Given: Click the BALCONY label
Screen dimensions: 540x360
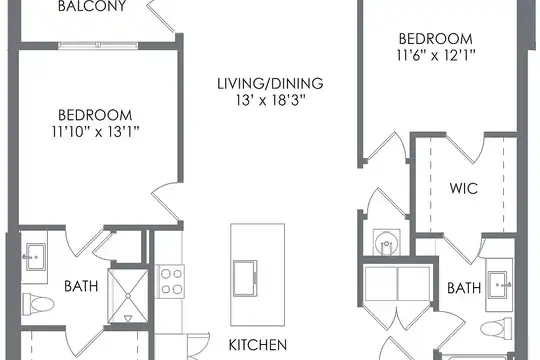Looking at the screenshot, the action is (92, 6).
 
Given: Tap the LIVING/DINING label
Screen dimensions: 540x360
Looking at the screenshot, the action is (270, 84).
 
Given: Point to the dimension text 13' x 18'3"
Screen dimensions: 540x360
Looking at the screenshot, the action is (271, 100).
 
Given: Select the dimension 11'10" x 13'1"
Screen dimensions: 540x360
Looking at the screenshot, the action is (95, 132).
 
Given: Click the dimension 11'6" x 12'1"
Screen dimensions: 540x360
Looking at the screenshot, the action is (436, 55).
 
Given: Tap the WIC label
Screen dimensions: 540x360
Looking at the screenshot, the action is (464, 188).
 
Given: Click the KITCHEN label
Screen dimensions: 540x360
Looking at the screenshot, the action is (258, 345).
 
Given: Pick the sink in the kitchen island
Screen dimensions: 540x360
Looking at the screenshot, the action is (245, 278).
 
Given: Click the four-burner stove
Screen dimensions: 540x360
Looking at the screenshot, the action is (171, 282).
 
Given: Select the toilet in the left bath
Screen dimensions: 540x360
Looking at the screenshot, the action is (39, 304).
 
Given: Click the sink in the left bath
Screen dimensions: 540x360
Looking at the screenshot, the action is (34, 257).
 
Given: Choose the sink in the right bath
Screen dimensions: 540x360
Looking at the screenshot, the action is (499, 285).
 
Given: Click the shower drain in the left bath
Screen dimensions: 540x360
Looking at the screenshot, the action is (128, 296).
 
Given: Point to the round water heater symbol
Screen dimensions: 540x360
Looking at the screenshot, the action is (387, 243).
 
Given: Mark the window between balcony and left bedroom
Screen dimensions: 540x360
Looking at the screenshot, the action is (98, 45).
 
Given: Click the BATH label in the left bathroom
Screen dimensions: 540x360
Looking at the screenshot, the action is (81, 286).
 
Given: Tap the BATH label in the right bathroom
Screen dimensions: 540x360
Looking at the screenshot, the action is (464, 288).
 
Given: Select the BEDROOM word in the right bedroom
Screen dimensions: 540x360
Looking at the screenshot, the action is (436, 39).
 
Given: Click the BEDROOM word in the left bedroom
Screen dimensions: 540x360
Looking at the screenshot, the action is (95, 115).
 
